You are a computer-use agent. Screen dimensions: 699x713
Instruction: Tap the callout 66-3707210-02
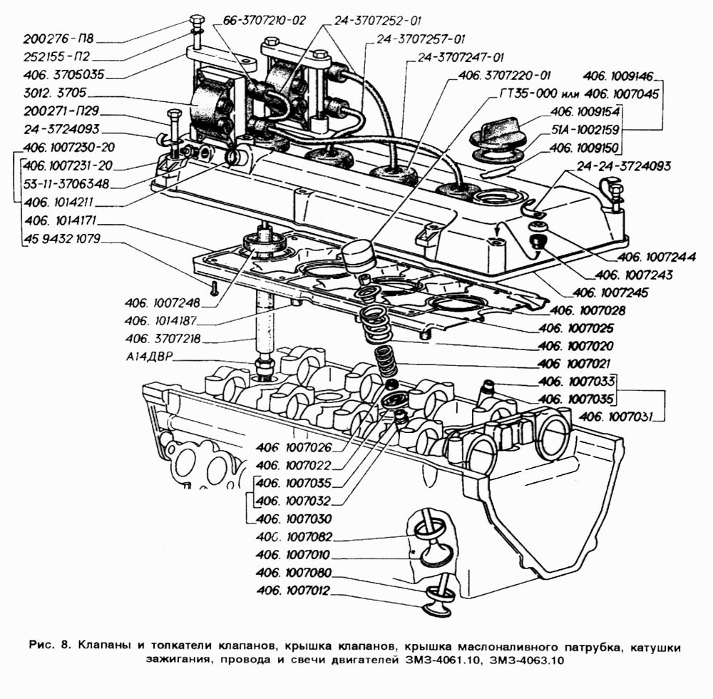[x=265, y=21]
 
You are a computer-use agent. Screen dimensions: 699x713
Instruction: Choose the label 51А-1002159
[x=588, y=131]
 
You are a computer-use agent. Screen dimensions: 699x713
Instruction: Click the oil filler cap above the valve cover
[x=502, y=132]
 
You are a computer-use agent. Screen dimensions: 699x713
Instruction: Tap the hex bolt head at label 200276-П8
[x=198, y=19]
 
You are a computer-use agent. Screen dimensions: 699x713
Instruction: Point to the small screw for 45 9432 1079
[x=213, y=288]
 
